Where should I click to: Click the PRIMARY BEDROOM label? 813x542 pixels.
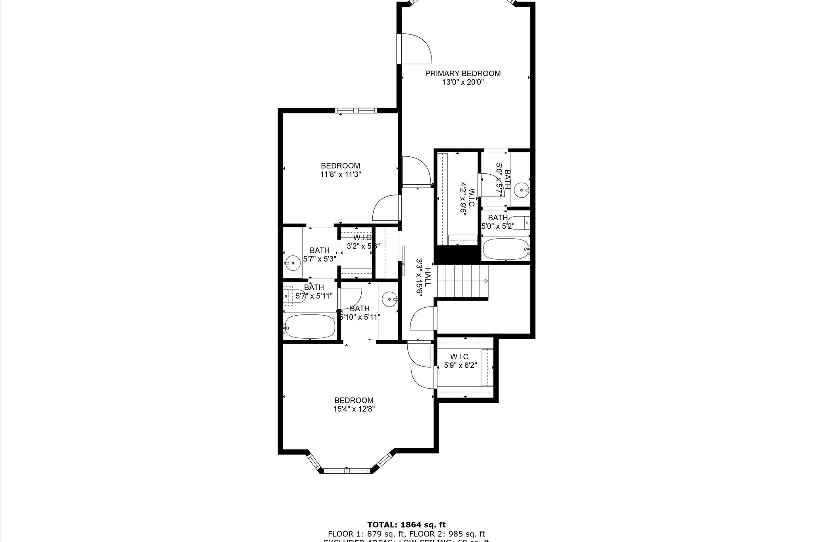click(463, 73)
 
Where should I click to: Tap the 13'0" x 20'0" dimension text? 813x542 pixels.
click(463, 83)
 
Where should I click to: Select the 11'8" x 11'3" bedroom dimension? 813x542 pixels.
click(341, 174)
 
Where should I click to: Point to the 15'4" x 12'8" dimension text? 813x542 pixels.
click(354, 409)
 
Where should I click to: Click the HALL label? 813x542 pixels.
click(428, 278)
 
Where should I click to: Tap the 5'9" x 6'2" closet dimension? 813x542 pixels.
click(460, 365)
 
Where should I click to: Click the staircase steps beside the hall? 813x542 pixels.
click(463, 281)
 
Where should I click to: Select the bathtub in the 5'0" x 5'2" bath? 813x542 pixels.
click(506, 249)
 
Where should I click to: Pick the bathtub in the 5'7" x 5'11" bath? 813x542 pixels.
click(310, 326)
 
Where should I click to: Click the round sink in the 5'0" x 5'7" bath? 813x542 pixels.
click(520, 191)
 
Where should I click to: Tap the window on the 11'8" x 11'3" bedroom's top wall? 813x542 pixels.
click(355, 111)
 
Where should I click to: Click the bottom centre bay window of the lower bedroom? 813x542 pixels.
click(347, 471)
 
